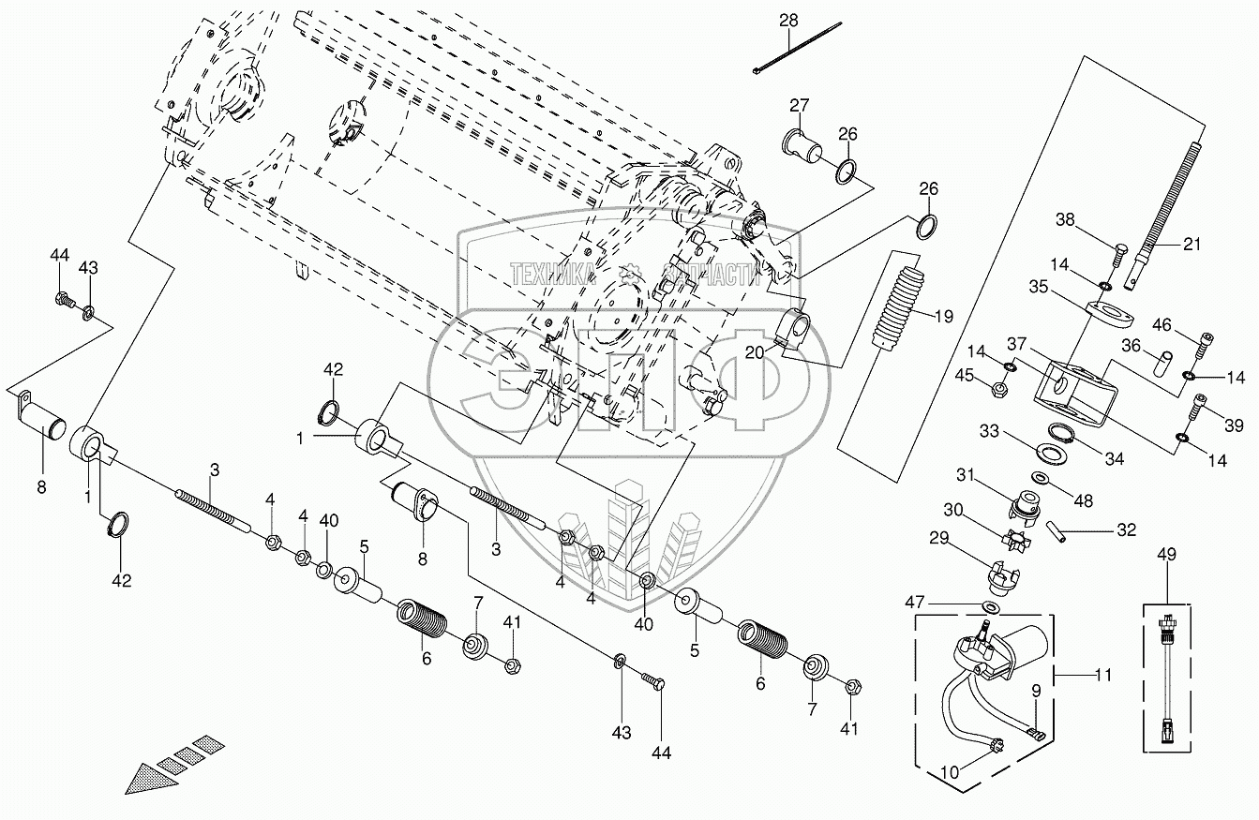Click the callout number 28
pos(788,21)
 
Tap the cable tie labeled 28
pos(797,48)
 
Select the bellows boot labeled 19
pos(897,307)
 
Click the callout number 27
pos(800,105)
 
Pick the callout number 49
pos(1167,554)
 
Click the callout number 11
pos(1103,675)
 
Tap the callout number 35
pos(1039,287)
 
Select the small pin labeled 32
pos(1056,532)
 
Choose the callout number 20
pos(755,352)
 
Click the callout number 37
pos(1017,343)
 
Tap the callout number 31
pos(965,475)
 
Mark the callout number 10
pos(950,773)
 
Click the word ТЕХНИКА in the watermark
pos(553,275)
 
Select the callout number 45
pos(965,375)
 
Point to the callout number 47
pos(914,602)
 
